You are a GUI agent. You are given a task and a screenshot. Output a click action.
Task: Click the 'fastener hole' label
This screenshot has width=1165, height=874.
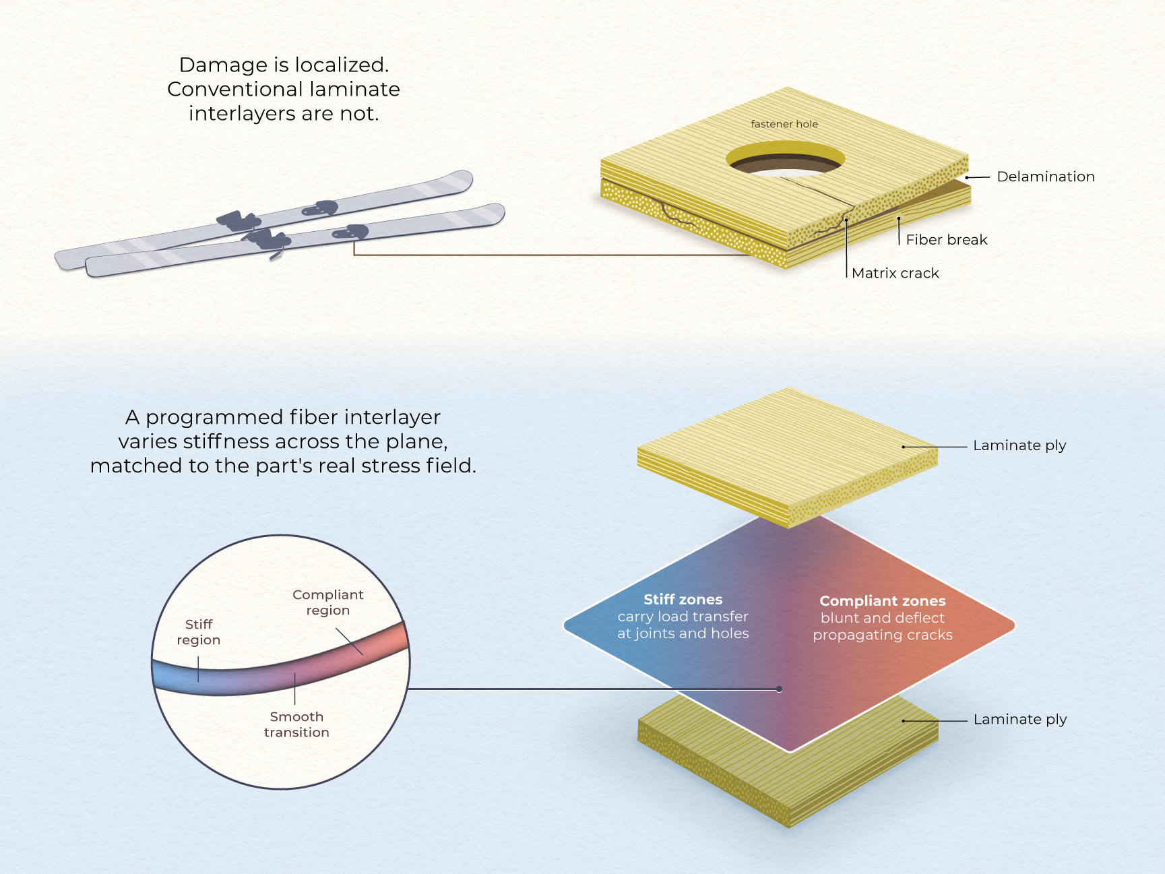click(x=784, y=124)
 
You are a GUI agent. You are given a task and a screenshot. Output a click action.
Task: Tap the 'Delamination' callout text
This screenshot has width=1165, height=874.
click(x=1046, y=177)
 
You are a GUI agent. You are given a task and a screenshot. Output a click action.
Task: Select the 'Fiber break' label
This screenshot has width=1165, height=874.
click(x=947, y=240)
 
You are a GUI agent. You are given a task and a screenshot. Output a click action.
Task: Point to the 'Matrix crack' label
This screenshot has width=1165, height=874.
click(x=895, y=273)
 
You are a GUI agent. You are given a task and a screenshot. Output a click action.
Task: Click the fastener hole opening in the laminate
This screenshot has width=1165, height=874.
click(x=786, y=159)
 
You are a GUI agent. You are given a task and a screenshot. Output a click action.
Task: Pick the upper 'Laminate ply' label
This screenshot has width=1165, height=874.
click(x=1019, y=445)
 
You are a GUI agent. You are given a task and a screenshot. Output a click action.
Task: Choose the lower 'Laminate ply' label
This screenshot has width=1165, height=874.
click(x=1020, y=720)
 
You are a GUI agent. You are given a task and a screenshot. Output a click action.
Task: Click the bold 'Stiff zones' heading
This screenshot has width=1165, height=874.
click(x=683, y=600)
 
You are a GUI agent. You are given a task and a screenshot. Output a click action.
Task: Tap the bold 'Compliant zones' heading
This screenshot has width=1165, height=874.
click(x=883, y=601)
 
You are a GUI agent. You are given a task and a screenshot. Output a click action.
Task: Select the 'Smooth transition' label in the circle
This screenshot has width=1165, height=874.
click(x=296, y=724)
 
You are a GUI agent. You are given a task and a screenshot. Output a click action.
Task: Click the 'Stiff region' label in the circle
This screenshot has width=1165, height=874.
click(x=199, y=632)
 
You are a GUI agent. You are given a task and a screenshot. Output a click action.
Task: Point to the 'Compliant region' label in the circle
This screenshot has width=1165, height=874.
click(x=328, y=602)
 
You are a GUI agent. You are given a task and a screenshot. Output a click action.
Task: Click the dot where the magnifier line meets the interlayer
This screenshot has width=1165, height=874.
click(x=780, y=689)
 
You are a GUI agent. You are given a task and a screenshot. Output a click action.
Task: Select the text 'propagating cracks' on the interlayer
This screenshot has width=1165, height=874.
click(x=883, y=635)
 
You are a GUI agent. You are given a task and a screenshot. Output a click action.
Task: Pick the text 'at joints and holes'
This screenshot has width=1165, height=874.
click(x=683, y=633)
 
